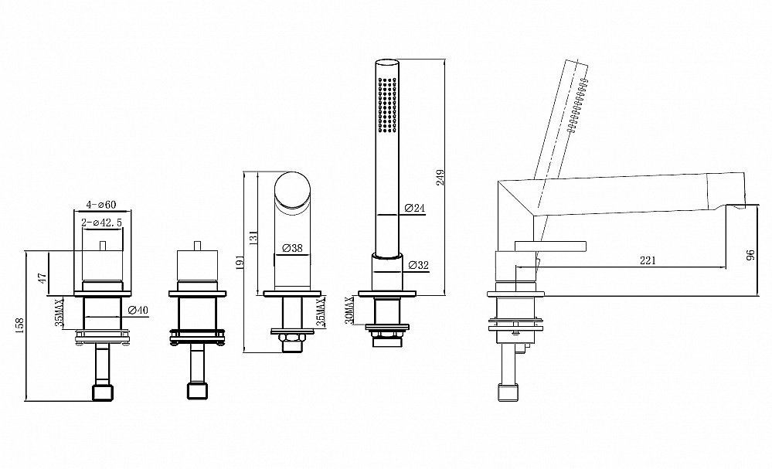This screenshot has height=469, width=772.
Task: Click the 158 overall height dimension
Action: [19, 326]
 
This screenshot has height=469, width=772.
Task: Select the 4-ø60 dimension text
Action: [101, 204]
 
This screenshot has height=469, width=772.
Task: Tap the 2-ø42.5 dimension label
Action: [102, 223]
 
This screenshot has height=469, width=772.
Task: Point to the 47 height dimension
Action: [43, 279]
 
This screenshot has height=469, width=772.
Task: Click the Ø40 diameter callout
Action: [138, 310]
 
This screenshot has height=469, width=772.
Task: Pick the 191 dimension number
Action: [239, 262]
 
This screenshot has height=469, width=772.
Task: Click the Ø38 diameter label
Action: [292, 249]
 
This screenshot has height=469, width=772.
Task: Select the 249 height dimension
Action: [440, 178]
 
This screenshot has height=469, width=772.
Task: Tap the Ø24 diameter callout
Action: [414, 208]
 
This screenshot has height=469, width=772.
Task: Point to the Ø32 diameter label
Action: [419, 266]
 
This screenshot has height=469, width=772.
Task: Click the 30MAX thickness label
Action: [349, 310]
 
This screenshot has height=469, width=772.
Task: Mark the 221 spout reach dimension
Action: [648, 260]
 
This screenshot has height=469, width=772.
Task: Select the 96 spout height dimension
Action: [751, 256]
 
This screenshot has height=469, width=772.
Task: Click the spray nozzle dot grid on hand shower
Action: [387, 104]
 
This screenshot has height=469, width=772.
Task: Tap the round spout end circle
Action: [292, 191]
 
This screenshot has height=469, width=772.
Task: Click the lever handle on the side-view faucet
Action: [550, 246]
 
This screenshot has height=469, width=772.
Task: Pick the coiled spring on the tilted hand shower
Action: [577, 105]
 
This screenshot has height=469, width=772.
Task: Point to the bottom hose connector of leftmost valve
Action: [103, 393]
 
